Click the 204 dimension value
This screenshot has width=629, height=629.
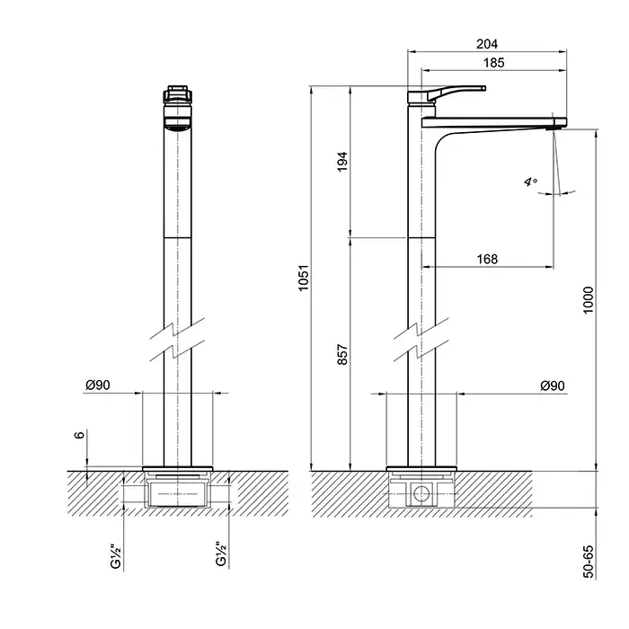[487, 43]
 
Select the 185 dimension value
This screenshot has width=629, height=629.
[493, 63]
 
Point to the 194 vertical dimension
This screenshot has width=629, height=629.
[342, 162]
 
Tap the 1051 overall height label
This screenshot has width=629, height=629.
[304, 277]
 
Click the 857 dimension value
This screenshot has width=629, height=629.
[342, 354]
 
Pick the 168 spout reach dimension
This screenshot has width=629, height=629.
[487, 259]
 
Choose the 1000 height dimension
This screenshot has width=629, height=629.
[588, 300]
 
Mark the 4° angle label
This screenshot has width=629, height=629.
[531, 182]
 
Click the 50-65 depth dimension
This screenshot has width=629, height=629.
[588, 562]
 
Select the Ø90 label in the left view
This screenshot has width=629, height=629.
[98, 385]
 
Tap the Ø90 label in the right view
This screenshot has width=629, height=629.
[553, 385]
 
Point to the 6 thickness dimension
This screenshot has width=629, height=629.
[80, 435]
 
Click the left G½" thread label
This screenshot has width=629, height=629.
[116, 556]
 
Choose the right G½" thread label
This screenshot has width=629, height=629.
[221, 554]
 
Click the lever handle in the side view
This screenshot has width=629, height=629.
[456, 92]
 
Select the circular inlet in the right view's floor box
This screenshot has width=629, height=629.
[421, 494]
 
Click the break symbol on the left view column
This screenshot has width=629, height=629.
[177, 340]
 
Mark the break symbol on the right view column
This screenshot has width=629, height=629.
[421, 340]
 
